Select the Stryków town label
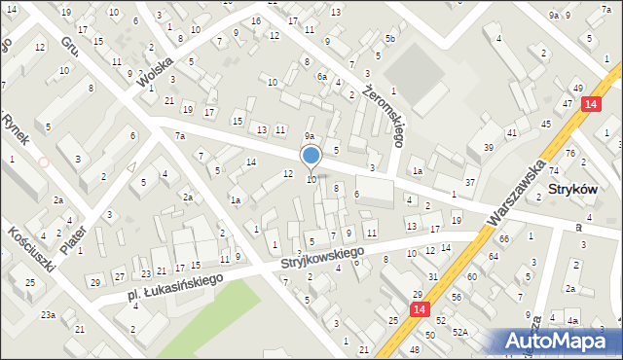580,190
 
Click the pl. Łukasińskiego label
174,284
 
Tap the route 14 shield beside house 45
590,104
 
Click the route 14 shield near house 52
419,309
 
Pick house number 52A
460,332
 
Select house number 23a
48,314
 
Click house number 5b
389,39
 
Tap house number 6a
320,76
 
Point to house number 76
570,154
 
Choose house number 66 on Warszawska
504,238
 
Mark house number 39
488,147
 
